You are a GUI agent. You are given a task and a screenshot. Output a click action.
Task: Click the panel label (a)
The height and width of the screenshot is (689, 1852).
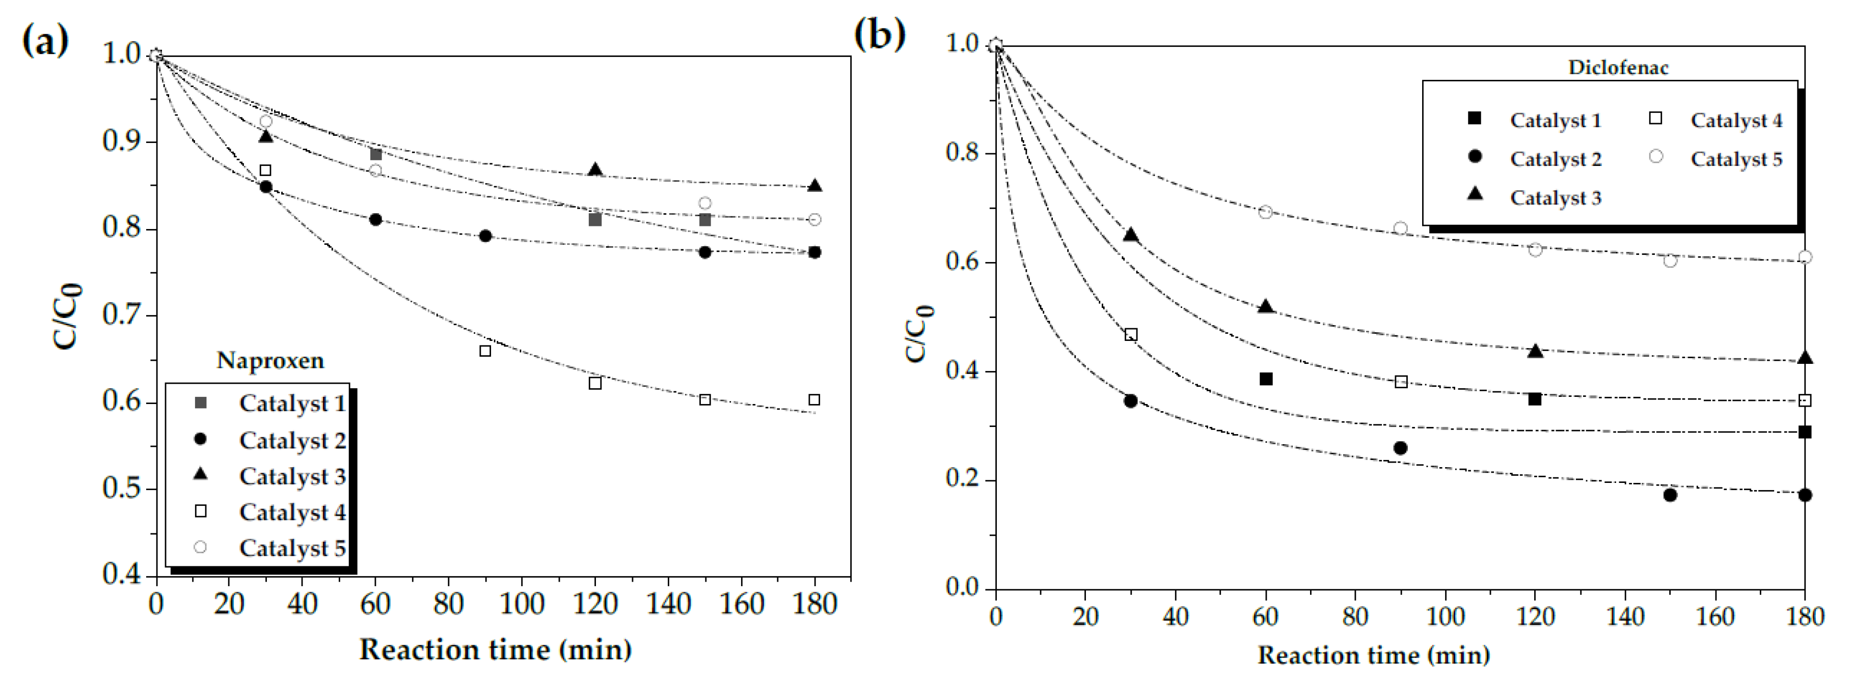[x=45, y=40]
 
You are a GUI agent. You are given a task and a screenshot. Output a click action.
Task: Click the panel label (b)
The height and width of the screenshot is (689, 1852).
[x=879, y=35]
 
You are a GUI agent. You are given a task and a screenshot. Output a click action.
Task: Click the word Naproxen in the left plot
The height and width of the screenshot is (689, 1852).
[x=270, y=360]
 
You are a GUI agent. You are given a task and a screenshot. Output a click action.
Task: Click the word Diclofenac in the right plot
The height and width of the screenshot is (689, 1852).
[x=1618, y=68]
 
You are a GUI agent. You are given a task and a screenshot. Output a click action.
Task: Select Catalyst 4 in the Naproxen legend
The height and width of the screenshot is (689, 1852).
[x=292, y=512]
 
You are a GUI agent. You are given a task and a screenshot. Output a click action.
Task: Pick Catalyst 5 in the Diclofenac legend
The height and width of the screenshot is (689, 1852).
[x=1735, y=159]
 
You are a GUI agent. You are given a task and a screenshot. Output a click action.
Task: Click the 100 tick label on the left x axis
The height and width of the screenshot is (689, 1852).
[x=521, y=604]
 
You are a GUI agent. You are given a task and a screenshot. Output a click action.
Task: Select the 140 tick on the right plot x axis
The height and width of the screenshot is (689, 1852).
[x=1625, y=616]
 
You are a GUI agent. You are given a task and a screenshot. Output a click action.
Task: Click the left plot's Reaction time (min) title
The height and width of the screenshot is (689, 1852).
[x=496, y=649]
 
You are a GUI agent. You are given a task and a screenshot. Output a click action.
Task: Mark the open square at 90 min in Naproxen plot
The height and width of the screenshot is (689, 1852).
[x=485, y=351]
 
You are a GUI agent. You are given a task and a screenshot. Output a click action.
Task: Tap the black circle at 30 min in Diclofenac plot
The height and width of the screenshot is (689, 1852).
[x=1130, y=401]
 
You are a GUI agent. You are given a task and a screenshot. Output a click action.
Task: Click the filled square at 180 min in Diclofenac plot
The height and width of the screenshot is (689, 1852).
[x=1804, y=432]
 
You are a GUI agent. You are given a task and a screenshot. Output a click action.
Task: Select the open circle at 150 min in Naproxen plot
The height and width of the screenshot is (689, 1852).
[x=704, y=204]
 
